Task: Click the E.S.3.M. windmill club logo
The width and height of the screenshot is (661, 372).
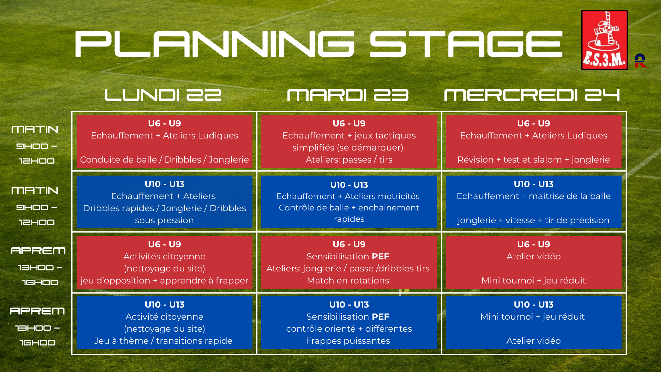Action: coord(604,40)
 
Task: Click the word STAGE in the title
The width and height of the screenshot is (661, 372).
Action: coord(466,44)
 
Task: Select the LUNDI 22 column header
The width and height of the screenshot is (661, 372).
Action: coord(163,95)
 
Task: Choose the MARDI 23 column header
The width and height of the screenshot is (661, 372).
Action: coord(348,95)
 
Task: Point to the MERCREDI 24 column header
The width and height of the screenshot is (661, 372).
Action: coord(532,95)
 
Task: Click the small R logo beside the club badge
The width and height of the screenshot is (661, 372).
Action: coord(640,61)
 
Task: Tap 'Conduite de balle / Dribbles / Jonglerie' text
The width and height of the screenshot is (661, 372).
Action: coord(165,159)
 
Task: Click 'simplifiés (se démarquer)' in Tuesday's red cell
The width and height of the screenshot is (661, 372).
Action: coord(348,147)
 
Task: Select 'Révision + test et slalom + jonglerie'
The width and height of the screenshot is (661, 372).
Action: coord(534,159)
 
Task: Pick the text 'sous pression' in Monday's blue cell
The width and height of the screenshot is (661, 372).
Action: coord(165,220)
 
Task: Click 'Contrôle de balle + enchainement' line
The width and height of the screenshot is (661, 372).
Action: coord(349,207)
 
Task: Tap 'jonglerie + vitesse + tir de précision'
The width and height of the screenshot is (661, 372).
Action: coord(534,220)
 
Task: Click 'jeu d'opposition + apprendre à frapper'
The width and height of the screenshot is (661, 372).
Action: coord(165,280)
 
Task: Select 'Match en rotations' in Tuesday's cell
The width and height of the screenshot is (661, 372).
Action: coord(348,280)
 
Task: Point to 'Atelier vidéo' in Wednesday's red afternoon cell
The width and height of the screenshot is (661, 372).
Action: coord(534,256)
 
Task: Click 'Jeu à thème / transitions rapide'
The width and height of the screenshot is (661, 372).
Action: coord(163,341)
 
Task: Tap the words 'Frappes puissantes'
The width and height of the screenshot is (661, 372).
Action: coord(348,341)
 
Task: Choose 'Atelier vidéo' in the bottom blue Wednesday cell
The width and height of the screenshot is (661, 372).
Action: coord(534,341)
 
